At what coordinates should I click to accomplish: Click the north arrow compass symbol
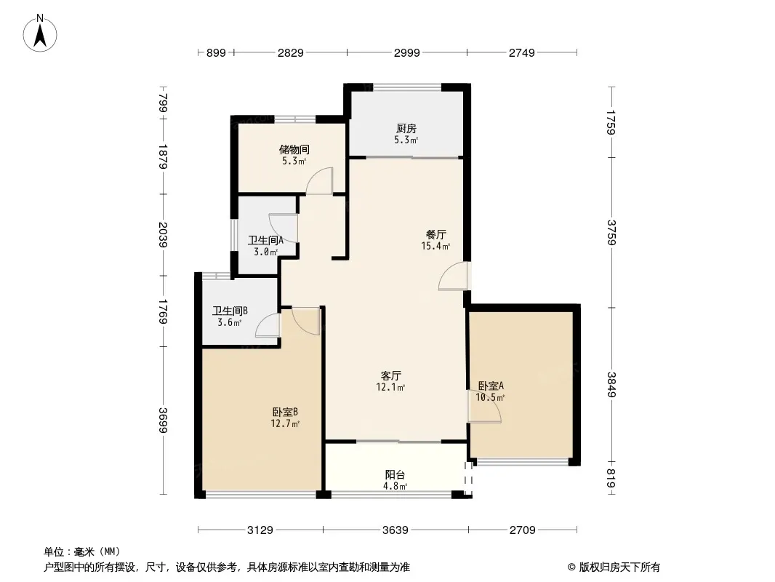point(40,33)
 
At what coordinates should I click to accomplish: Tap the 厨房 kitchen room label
point(406,129)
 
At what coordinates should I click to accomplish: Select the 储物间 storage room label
point(294,149)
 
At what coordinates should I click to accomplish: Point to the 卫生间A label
point(265,240)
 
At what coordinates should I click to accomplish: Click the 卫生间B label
point(230,311)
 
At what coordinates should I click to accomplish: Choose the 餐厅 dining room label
point(436,234)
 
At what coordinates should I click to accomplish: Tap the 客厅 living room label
point(390,376)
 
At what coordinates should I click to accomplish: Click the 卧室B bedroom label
point(285,412)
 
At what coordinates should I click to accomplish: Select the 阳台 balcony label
point(395,475)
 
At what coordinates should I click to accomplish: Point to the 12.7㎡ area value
point(285,423)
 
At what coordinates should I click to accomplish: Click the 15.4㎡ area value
point(435,246)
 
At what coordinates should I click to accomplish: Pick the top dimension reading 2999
point(407,52)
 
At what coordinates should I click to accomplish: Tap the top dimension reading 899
point(216,52)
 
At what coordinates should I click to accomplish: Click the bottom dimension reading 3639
point(395,530)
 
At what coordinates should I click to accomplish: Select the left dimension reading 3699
point(163,420)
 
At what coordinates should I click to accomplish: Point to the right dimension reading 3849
point(612,385)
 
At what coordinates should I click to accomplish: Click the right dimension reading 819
point(612,478)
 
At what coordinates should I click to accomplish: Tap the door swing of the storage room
point(319,180)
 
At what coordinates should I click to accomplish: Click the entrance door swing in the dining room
point(453,276)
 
